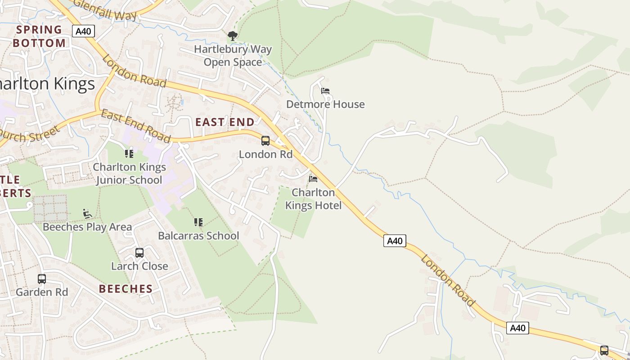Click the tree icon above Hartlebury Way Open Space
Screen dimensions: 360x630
point(232,36)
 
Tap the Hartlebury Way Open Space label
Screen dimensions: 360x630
point(233,55)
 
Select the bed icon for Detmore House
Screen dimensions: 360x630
point(325,91)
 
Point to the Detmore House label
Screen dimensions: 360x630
point(325,104)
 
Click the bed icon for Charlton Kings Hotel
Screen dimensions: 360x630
point(313,179)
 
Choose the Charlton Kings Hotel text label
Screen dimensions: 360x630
point(313,199)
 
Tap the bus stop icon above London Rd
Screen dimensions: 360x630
point(265,141)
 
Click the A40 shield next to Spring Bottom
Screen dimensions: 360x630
point(83,31)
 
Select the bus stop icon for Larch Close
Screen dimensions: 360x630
point(139,252)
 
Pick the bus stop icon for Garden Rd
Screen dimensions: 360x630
point(42,279)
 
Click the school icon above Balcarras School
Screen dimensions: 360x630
point(198,222)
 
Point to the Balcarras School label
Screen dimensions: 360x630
point(198,236)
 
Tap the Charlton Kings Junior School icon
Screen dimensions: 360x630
point(129,154)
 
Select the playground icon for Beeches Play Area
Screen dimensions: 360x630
point(87,213)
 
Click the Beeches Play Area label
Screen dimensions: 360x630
point(87,227)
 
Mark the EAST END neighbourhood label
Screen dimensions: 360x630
point(225,122)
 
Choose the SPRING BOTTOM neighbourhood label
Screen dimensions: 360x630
point(39,36)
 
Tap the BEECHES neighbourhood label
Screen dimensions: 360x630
point(126,289)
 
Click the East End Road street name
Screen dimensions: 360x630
point(135,126)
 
